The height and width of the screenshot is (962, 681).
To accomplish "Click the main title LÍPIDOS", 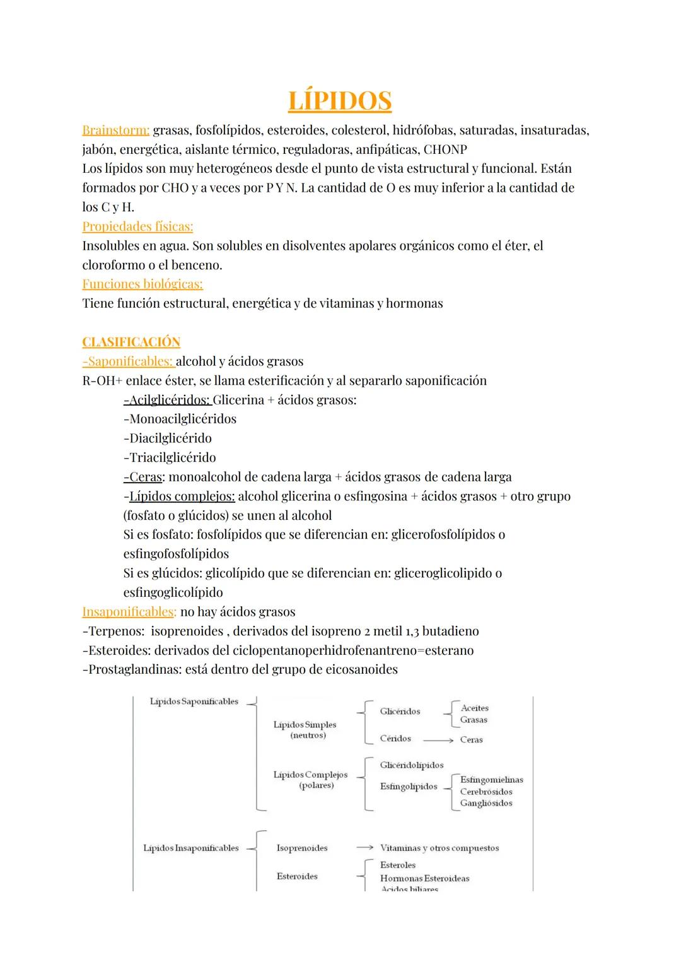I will coord(339,101).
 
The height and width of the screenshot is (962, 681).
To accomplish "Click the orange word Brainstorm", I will coord(115,131).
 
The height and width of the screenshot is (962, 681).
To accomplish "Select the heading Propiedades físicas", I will coord(137,226).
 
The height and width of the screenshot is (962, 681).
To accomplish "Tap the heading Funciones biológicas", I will coord(143,284).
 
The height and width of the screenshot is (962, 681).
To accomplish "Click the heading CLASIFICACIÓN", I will coord(131,342).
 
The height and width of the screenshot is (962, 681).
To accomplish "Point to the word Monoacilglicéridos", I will coord(180,419).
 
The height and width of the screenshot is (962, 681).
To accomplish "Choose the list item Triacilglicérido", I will coord(170,457).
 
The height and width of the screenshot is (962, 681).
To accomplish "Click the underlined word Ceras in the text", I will coord(144,477).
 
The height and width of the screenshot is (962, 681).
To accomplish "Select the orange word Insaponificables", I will coord(129,612).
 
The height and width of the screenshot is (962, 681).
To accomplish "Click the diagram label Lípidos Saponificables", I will coord(194,701).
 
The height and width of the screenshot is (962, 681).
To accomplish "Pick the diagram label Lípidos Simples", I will coord(305,725).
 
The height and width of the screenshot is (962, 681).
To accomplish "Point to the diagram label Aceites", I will coord(474,708).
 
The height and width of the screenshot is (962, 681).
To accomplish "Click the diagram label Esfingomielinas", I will coord(491,780).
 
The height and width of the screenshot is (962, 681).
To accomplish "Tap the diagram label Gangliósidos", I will coord(486,803).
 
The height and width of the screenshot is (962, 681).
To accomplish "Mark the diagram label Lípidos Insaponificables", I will coord(191,848).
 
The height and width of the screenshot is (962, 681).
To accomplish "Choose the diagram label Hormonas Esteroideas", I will coord(424,878).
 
